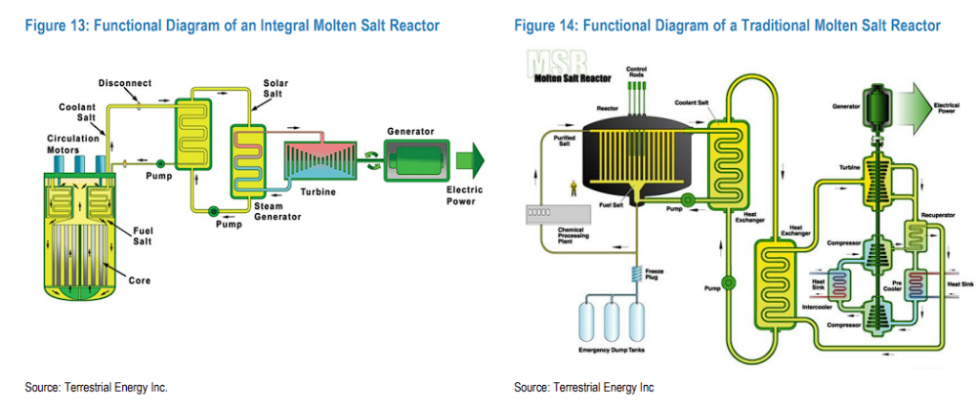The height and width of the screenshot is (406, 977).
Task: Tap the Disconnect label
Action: click(125, 83)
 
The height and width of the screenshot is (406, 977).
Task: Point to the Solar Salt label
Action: click(276, 89)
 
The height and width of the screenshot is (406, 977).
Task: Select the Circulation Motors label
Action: click(74, 143)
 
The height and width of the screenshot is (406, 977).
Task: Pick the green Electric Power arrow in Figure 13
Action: click(469, 158)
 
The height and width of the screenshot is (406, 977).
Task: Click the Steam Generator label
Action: click(277, 212)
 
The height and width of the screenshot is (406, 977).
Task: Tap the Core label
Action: click(139, 281)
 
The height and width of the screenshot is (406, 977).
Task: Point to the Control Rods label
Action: click(636, 72)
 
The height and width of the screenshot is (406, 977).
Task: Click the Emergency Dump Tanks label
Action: click(613, 350)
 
